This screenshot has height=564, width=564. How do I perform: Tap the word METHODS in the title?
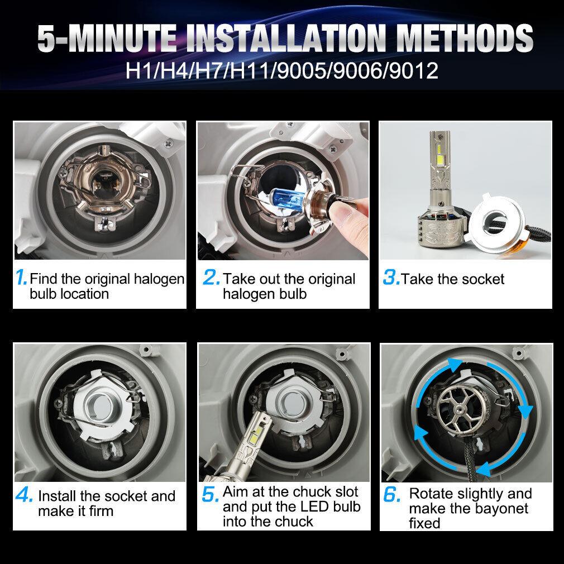[466, 38]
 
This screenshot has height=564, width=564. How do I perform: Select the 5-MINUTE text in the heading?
[107, 38]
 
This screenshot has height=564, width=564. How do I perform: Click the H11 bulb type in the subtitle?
[249, 70]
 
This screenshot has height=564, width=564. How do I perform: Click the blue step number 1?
[21, 278]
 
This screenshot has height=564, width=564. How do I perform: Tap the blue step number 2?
[211, 278]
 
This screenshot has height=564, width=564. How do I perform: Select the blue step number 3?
[391, 278]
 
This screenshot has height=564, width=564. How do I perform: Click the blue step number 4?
[24, 495]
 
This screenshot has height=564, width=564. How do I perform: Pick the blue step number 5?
[210, 494]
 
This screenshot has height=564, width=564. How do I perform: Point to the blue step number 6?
[391, 494]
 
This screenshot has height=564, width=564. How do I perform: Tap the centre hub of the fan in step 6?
[458, 409]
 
